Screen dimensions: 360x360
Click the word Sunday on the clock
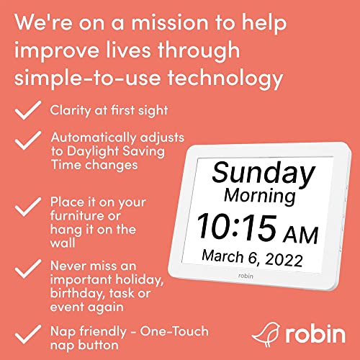(264, 174)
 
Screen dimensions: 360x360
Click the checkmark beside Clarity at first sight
(27, 109)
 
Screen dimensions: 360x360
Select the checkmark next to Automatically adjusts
(27, 139)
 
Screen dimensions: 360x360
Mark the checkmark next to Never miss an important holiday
(27, 267)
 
